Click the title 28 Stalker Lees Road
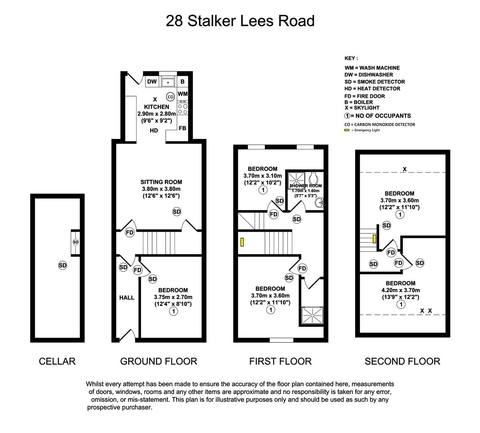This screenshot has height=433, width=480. click(x=240, y=21)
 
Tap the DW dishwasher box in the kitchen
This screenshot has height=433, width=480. click(x=152, y=82)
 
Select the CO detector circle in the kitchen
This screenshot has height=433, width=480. click(x=170, y=97)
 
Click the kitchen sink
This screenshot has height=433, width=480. click(x=168, y=82)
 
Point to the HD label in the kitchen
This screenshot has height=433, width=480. click(x=154, y=131)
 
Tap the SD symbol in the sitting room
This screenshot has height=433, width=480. click(x=177, y=211)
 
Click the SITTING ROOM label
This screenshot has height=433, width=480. click(x=161, y=182)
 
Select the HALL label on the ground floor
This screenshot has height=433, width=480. click(x=127, y=297)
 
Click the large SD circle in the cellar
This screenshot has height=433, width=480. click(x=62, y=265)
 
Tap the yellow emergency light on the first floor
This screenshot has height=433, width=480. click(x=242, y=242)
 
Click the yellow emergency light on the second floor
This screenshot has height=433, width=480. click(x=374, y=239)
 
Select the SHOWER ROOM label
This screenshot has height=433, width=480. click(x=305, y=186)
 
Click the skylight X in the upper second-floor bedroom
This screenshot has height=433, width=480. click(x=405, y=169)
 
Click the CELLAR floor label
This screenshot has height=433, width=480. click(x=57, y=361)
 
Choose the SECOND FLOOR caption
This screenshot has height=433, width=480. click(x=402, y=361)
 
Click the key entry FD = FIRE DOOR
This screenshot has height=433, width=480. click(x=364, y=96)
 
